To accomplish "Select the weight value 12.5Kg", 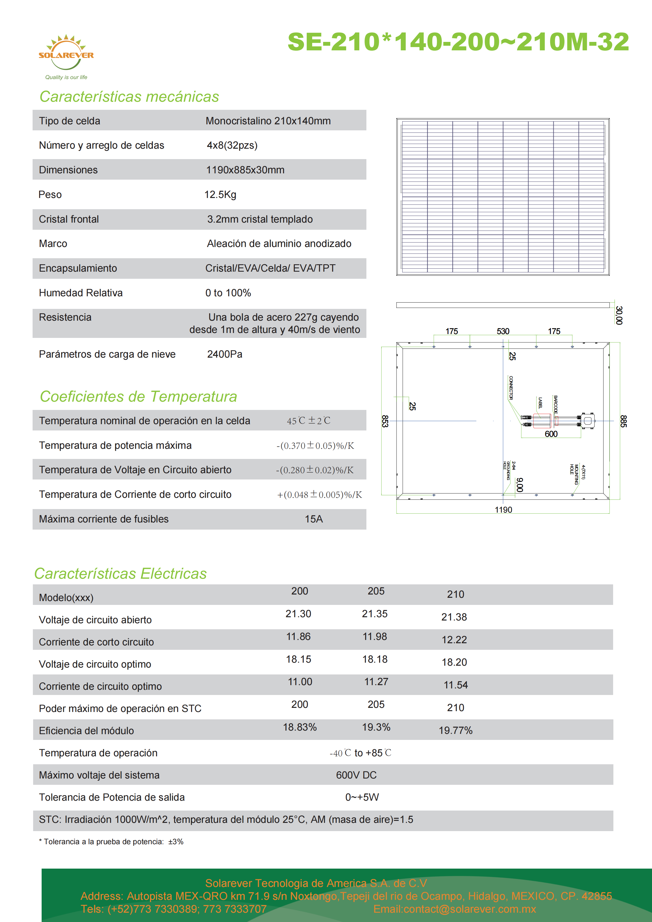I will (220, 195).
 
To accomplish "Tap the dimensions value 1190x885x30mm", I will (245, 170).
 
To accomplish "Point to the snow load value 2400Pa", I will (225, 354).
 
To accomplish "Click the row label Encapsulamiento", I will (78, 268).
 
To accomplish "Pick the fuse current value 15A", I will (314, 519).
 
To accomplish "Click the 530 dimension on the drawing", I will (503, 331).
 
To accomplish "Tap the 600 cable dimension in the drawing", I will (551, 434).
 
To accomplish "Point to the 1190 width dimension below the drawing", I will (503, 510).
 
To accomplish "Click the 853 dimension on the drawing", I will (385, 421).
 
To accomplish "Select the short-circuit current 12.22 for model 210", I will (454, 640).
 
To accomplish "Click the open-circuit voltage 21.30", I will (298, 614).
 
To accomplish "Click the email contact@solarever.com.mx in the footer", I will (455, 909).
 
